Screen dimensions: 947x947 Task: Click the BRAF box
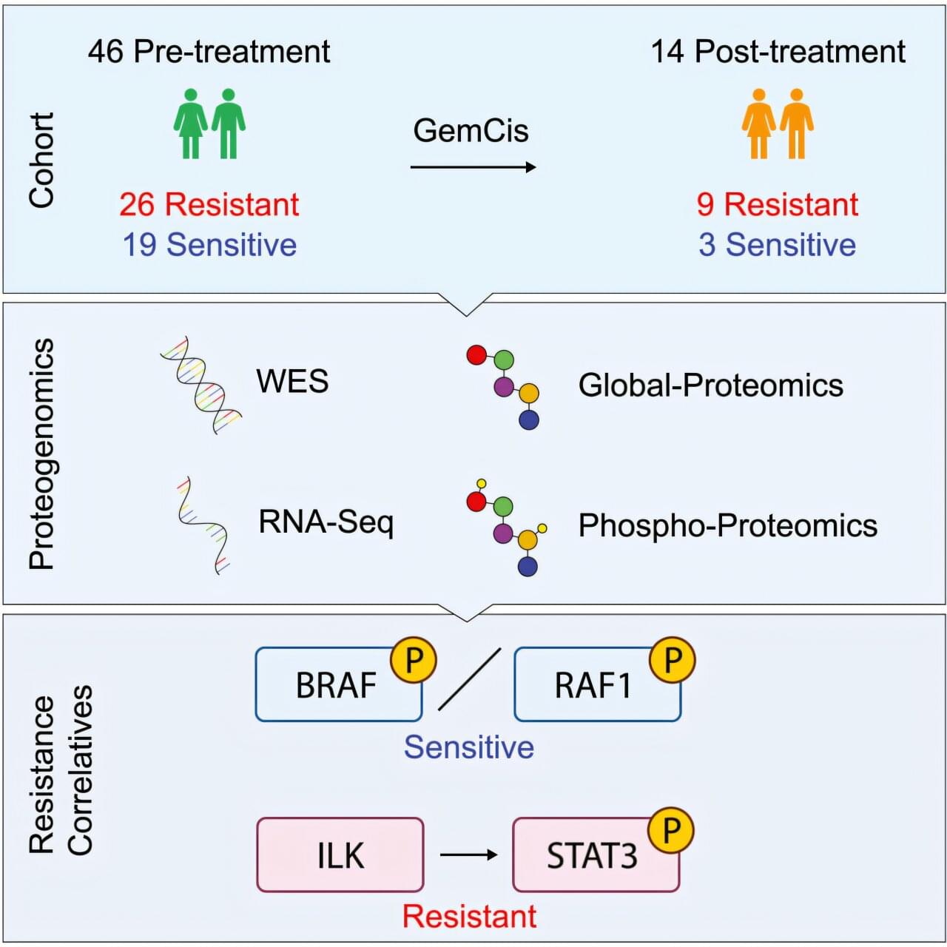pos(337,685)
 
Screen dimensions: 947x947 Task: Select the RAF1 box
pos(594,685)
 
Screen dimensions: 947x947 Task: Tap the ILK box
pos(340,855)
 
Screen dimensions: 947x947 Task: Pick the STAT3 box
pos(593,856)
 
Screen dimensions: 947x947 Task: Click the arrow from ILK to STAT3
pos(468,855)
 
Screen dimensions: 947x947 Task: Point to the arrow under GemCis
pos(473,167)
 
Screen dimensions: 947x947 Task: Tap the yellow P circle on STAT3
pos(670,830)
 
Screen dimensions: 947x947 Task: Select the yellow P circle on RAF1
pos(672,659)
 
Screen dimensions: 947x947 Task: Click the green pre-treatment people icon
pos(209,124)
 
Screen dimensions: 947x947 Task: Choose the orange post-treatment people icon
pos(778,124)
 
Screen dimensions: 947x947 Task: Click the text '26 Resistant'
pos(209,204)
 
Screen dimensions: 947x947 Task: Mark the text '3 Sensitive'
pos(777,245)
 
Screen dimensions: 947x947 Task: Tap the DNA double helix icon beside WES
pos(201,383)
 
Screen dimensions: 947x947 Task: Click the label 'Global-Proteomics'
pos(710,385)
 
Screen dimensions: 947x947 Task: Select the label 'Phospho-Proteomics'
pos(727,525)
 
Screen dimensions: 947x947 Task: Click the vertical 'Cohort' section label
pos(41,160)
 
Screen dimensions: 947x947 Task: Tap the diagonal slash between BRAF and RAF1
pos(469,679)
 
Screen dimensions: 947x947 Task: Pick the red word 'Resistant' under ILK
pos(469,917)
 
